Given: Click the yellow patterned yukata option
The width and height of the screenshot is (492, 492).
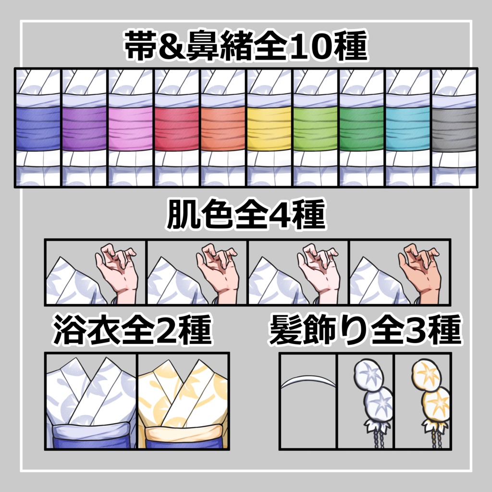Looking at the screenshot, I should [183, 401].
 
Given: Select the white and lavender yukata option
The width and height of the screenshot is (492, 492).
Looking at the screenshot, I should [91, 401].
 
